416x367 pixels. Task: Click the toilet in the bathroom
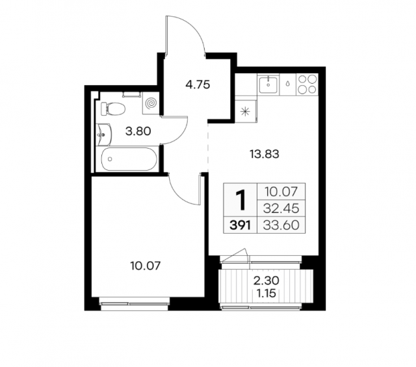point(113,108)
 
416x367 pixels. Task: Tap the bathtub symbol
point(129,159)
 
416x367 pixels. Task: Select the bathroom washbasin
point(104,134)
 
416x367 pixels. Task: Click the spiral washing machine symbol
point(151,103)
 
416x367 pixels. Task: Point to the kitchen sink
point(268,84)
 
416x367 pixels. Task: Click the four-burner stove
point(307,84)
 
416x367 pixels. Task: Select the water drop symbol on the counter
point(287,84)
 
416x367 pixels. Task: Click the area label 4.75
point(198,85)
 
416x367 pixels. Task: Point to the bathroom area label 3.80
point(138,131)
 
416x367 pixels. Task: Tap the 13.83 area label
point(265,154)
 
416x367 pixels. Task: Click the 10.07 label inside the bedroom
point(146,266)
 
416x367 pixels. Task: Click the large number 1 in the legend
point(241,201)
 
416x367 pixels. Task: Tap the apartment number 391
point(240,225)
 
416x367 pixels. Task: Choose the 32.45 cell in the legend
point(281,209)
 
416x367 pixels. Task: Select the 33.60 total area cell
point(281,225)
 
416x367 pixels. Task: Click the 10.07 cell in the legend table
point(281,192)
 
